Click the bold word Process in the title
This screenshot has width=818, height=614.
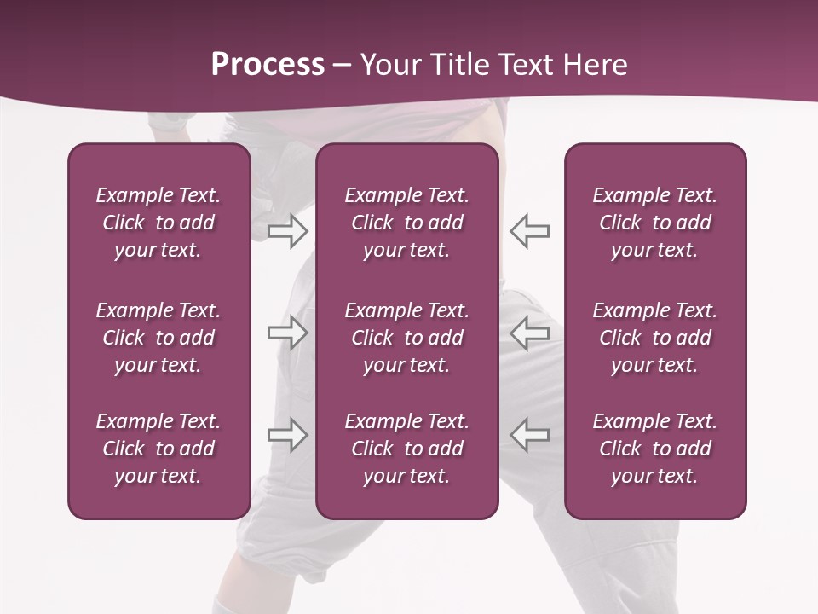pos(268,65)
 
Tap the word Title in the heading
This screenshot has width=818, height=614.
pos(458,65)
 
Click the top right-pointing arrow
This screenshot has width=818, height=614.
pos(287,230)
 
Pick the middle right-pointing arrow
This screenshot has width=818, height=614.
pos(287,332)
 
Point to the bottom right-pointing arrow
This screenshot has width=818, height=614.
pos(287,434)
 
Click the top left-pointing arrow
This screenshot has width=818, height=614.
pos(529,230)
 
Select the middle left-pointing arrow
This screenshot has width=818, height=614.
pos(529,332)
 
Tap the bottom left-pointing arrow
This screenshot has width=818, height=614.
pos(529,434)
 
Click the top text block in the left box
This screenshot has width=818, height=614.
pos(158,223)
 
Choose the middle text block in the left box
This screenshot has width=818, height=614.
pos(158,338)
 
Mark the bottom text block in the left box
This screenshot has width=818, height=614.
pos(158,449)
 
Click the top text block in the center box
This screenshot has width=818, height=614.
pos(406,223)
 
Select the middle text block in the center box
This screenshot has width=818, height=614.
pos(406,338)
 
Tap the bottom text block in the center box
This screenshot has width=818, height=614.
pos(406,449)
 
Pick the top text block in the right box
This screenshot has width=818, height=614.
pos(654,223)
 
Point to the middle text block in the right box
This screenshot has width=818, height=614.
pos(654,338)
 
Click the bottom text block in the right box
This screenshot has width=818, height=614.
pos(654,449)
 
